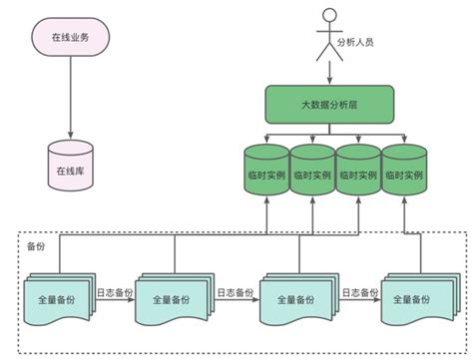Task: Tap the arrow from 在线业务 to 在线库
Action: point(71,100)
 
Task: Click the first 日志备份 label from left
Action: point(115,292)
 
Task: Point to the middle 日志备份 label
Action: point(236,292)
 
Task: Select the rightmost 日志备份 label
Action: point(356,292)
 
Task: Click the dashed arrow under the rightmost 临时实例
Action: point(404,214)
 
